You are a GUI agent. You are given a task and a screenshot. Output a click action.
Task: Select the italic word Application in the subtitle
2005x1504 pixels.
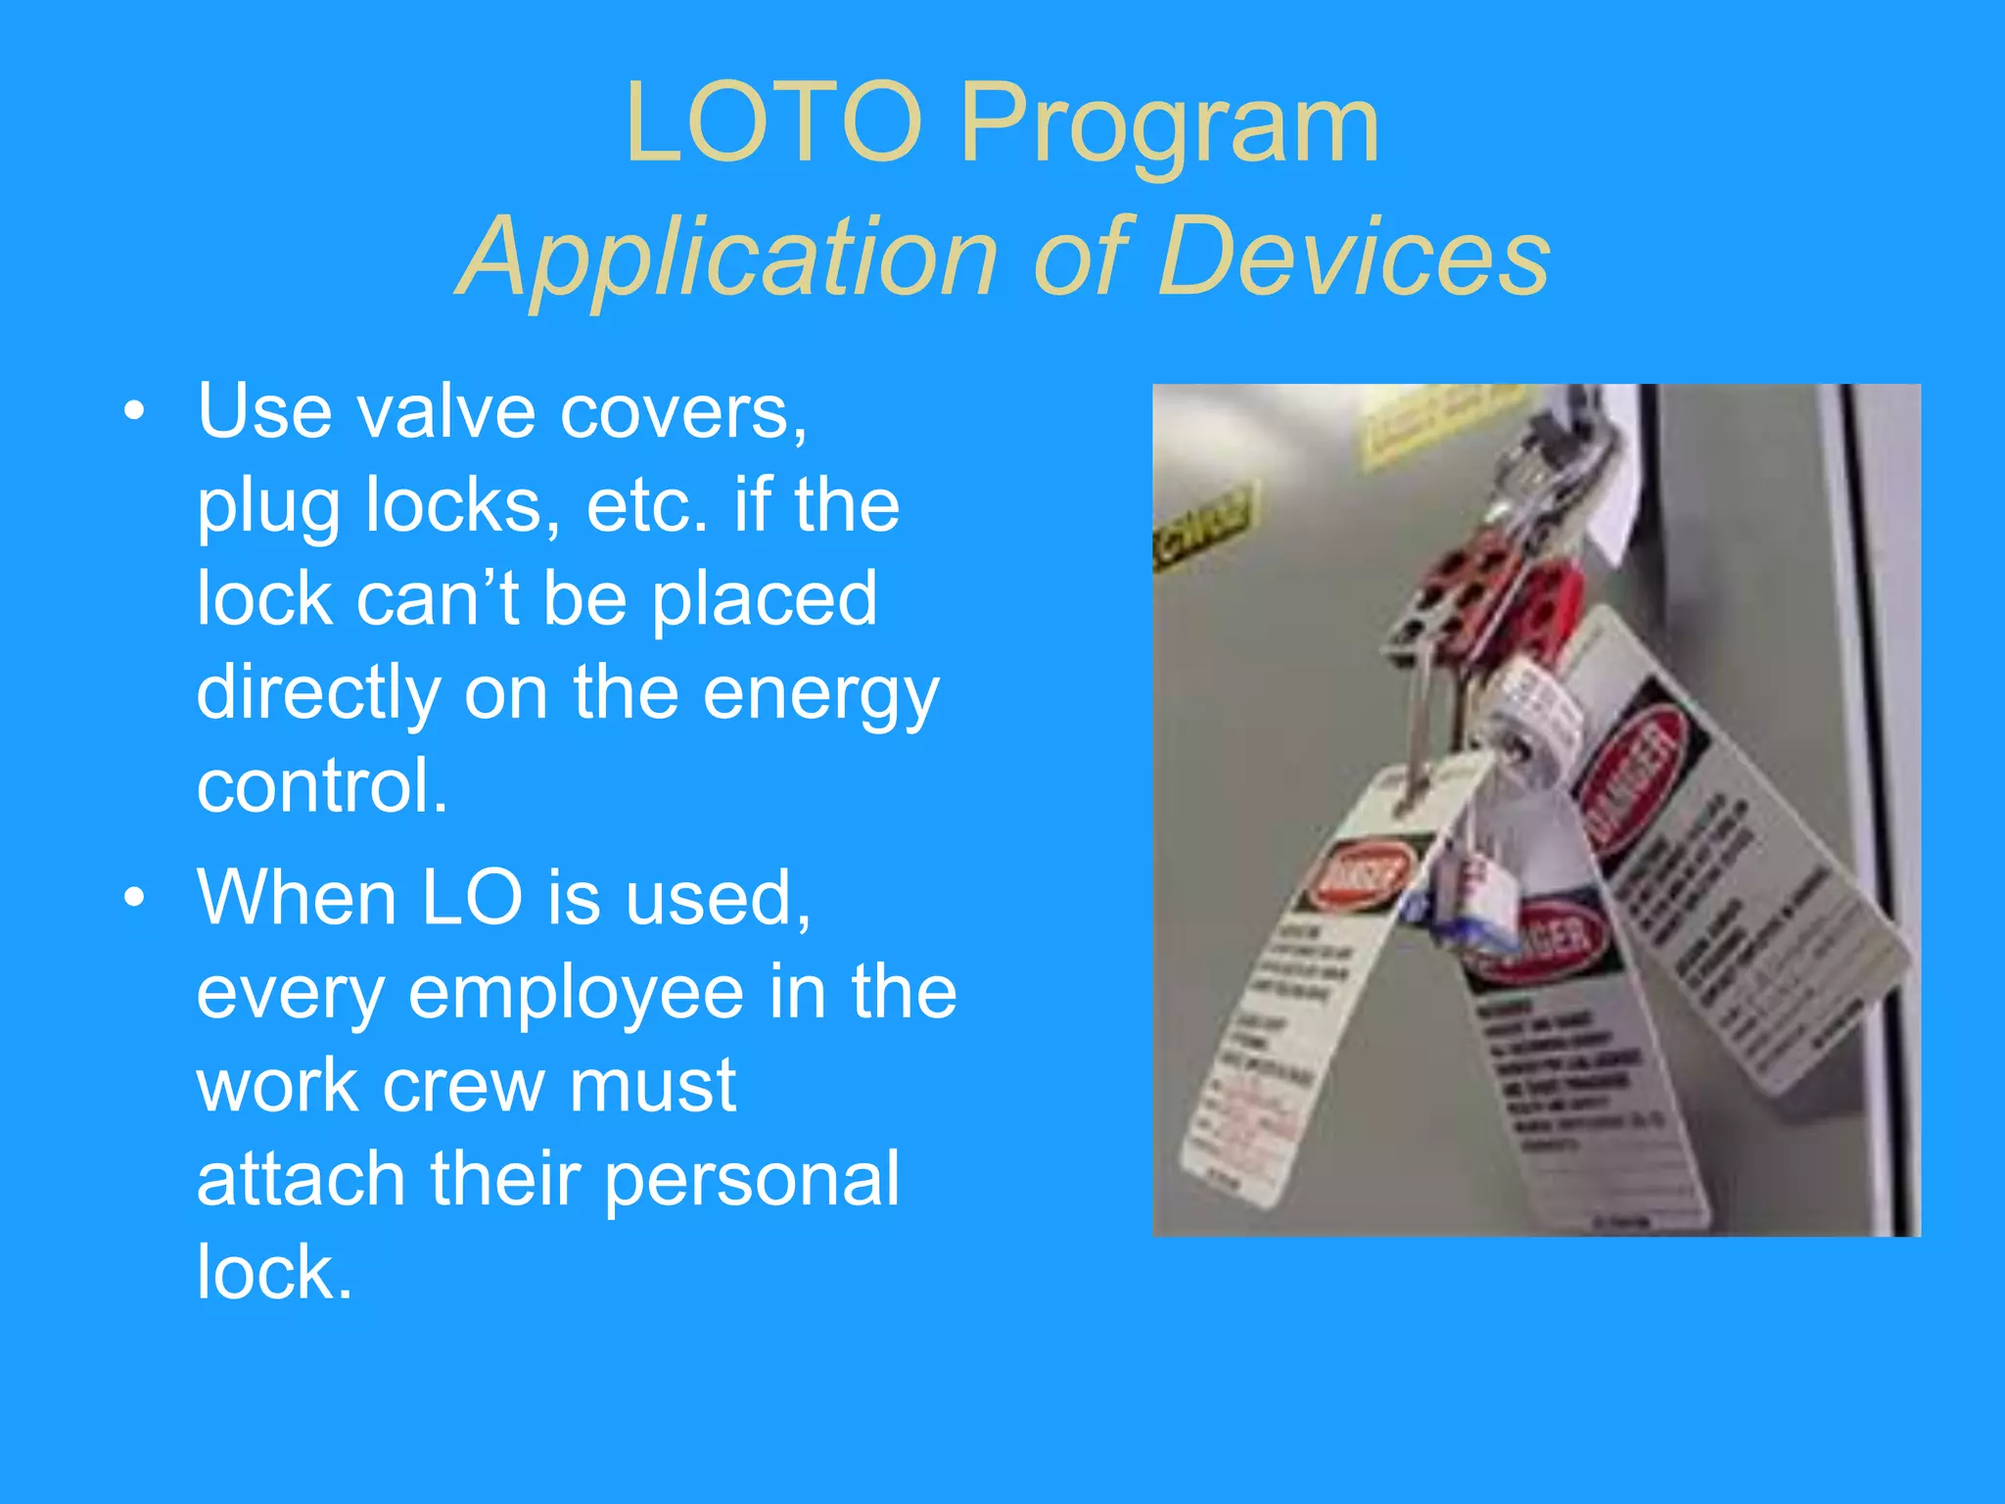[728, 258]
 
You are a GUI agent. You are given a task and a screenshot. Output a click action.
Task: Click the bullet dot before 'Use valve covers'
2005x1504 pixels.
[134, 411]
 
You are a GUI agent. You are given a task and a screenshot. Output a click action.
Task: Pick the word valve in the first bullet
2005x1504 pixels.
[445, 411]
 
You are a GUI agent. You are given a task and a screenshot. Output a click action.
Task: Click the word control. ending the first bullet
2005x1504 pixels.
[322, 785]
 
